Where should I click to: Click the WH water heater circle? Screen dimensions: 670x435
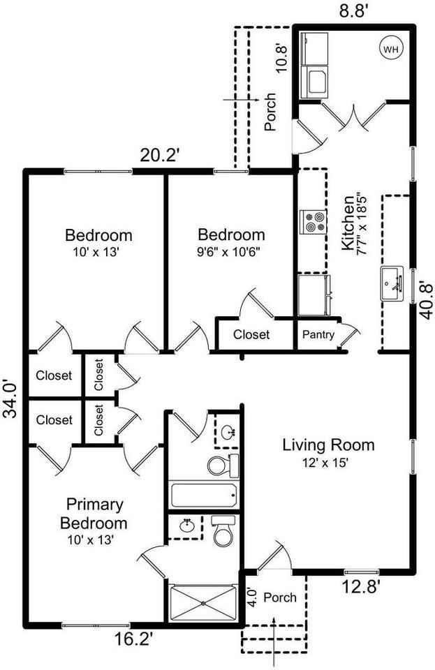pos(390,50)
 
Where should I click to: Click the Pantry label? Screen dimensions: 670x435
pos(318,335)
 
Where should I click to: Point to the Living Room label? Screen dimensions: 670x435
pos(328,445)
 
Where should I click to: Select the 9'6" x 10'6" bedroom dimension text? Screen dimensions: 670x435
pos(231,251)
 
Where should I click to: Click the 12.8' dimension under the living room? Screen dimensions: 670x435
pos(361,587)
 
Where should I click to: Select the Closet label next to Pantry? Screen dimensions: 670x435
pos(251,335)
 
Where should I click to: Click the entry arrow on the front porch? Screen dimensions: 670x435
pos(275,632)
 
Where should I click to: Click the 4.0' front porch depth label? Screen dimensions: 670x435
pos(252,597)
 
